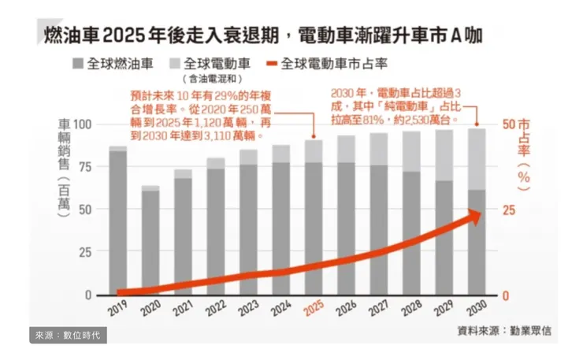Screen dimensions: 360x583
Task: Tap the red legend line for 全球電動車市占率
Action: pyautogui.click(x=274, y=64)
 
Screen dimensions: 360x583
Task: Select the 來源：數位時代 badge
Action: pyautogui.click(x=68, y=336)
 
